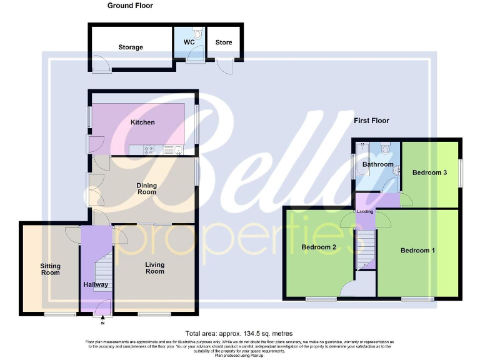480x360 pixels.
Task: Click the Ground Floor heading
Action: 130,6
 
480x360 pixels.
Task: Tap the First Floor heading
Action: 371,121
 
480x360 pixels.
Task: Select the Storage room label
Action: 131,47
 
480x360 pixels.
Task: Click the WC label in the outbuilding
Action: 189,42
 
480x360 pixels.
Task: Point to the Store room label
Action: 224,42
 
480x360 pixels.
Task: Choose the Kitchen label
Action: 142,122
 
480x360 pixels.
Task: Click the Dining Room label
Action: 147,189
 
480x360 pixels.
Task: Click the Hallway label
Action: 96,285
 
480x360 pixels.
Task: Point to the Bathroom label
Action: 378,165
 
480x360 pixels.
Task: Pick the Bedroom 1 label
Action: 418,250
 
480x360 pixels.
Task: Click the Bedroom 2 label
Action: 319,247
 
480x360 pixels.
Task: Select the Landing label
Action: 365,212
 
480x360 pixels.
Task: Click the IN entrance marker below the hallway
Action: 102,323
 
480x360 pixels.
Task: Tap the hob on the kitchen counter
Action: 151,149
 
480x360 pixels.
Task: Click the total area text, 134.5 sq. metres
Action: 239,334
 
